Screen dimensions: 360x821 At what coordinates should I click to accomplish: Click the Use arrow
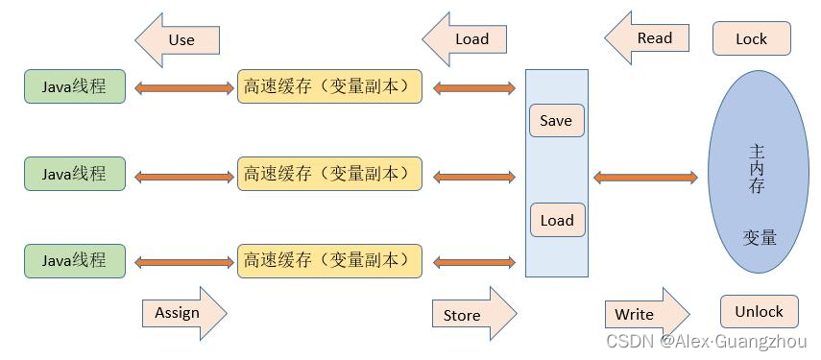pos(179,39)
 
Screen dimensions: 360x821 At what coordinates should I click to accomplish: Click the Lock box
pos(751,39)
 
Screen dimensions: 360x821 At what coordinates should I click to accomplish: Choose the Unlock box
pos(759,311)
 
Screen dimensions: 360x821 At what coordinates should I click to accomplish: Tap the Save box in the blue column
pos(556,121)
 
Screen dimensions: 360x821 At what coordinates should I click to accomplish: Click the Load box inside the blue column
pos(556,220)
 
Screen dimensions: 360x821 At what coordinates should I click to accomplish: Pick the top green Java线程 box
pos(75,86)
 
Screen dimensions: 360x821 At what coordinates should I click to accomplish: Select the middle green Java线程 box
pos(75,174)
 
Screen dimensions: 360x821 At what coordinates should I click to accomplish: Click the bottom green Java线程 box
pos(75,260)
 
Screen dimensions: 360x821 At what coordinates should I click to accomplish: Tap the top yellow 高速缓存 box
pos(329,86)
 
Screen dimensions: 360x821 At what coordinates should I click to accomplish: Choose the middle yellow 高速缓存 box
pos(329,174)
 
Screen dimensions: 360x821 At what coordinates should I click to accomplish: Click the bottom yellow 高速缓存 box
pos(329,260)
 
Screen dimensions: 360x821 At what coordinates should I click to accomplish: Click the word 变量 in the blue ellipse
pos(759,237)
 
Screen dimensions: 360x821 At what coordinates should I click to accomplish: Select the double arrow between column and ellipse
pos(645,178)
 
